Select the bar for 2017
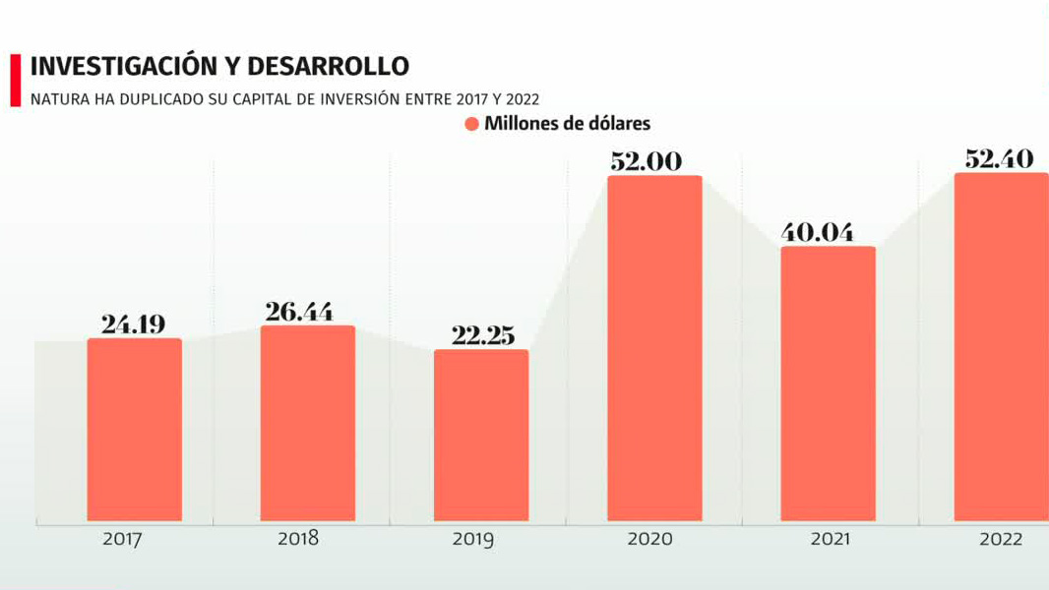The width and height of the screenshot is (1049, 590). point(135,430)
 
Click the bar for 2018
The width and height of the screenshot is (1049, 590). point(307,423)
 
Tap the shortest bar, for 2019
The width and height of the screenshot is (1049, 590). point(481,436)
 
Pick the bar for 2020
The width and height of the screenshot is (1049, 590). point(654,348)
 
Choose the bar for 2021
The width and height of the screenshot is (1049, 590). point(828,383)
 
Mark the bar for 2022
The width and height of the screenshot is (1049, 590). point(1001,346)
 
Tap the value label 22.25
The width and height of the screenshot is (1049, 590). point(482,334)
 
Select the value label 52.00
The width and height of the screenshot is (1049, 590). point(646,161)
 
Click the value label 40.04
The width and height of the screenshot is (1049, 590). point(817,232)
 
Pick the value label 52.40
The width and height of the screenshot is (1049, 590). point(999,157)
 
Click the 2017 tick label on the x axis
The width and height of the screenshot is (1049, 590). point(123,539)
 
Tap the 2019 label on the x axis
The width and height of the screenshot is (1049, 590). point(472,539)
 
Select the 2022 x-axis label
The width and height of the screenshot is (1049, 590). point(1001,539)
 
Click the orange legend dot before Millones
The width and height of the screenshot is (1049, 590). point(471,124)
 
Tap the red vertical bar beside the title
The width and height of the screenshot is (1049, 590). point(15,80)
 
